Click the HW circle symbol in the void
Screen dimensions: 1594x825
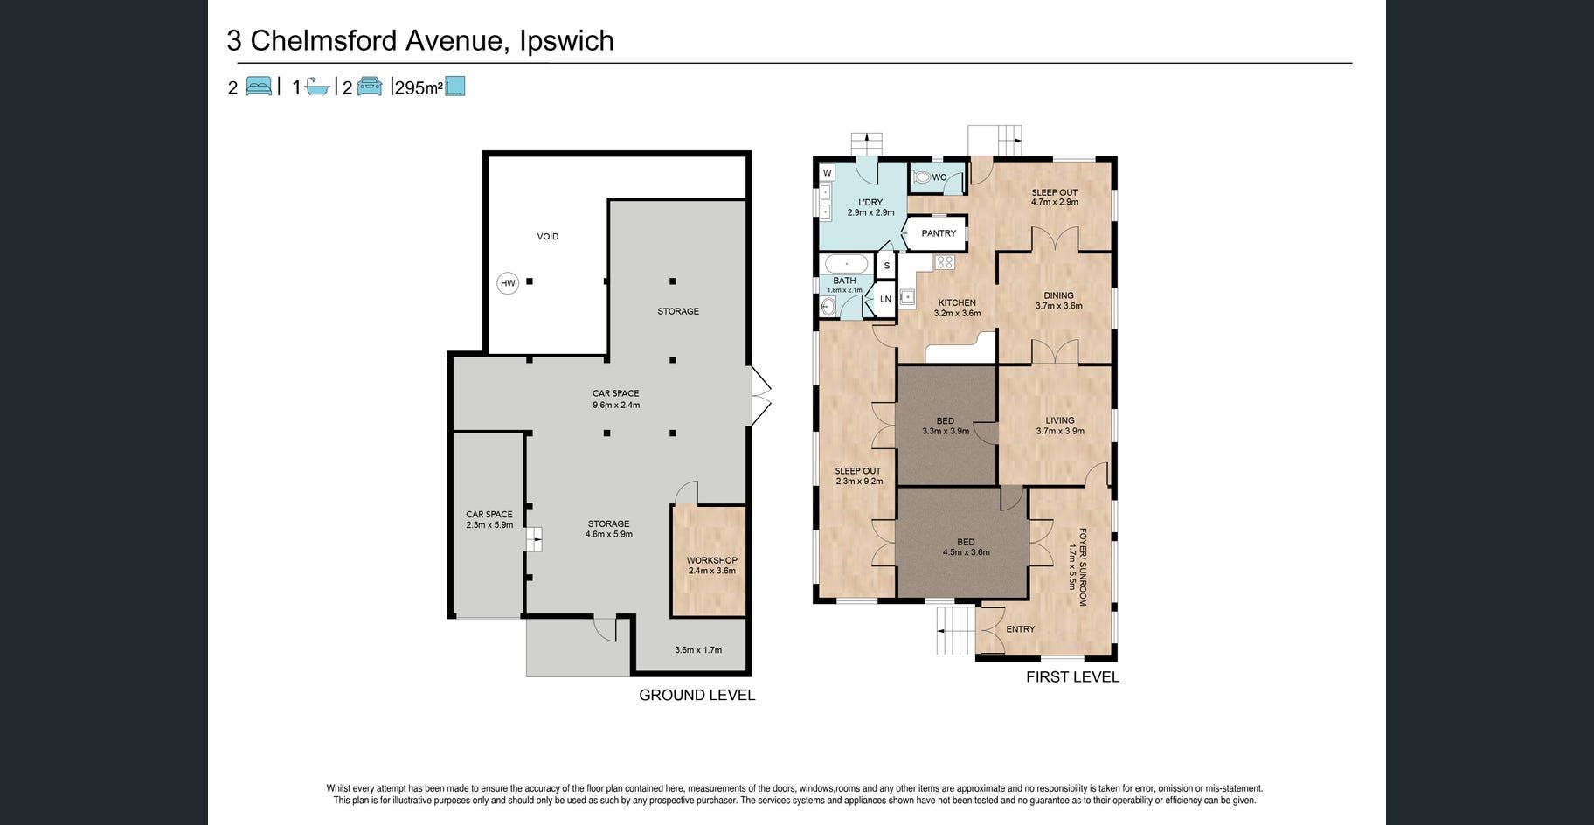508,283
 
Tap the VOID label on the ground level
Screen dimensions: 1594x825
548,237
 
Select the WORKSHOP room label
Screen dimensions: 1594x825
712,561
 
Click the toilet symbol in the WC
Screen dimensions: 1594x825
922,177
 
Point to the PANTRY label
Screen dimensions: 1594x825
939,233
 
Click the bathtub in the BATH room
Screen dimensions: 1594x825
847,264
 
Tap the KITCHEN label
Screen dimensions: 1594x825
957,303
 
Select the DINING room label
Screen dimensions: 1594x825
1059,295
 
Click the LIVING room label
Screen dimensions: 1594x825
1060,420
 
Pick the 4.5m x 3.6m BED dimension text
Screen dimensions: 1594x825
966,552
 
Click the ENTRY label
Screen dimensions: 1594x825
1021,629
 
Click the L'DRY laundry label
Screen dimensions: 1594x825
870,202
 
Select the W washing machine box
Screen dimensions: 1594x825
827,173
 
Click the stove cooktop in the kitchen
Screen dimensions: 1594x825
945,261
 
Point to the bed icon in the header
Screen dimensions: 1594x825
259,87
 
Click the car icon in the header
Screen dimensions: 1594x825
370,87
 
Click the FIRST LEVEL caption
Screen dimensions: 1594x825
1072,677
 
